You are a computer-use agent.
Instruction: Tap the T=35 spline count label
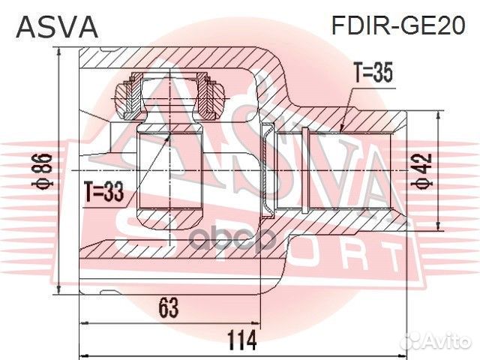tap(373, 73)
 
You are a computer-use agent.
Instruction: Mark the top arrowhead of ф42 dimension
tap(437, 112)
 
